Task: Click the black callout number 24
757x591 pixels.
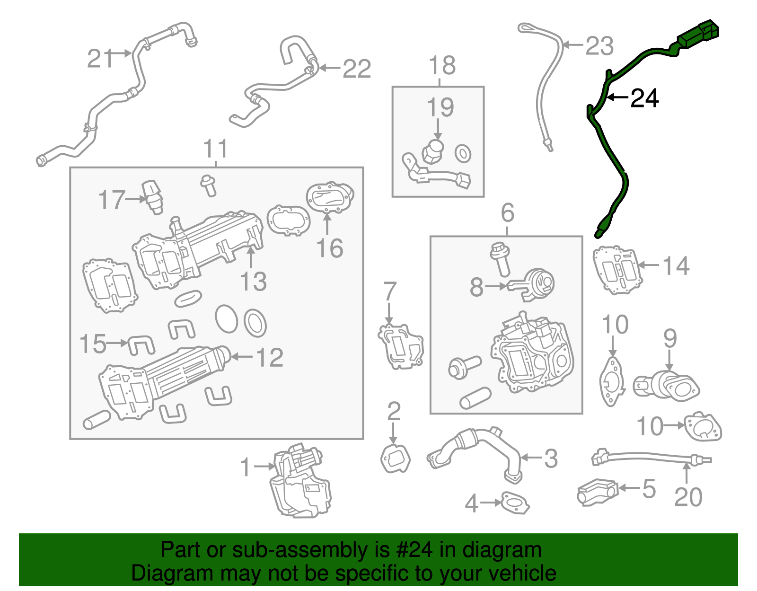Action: point(645,98)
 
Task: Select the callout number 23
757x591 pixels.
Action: point(599,46)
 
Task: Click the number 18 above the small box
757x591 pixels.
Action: point(442,65)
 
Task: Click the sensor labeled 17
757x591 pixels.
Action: point(153,196)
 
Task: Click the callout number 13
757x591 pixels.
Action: point(254,282)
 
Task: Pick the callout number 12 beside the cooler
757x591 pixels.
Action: point(270,358)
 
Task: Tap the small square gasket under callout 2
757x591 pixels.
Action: point(395,458)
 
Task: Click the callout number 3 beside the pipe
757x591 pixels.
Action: point(551,459)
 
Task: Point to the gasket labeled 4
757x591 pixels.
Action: point(515,503)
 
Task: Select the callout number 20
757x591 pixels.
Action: point(688,497)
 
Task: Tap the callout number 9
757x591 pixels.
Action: point(670,339)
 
